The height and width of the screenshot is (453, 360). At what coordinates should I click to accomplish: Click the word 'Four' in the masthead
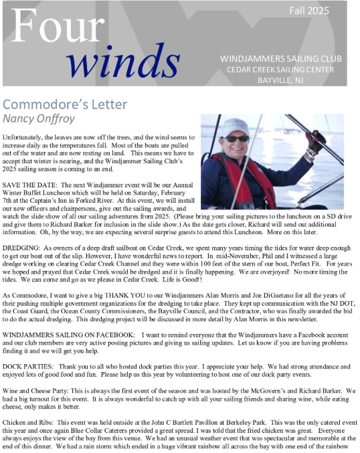52,27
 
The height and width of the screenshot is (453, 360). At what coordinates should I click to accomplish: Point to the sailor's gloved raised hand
315,141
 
